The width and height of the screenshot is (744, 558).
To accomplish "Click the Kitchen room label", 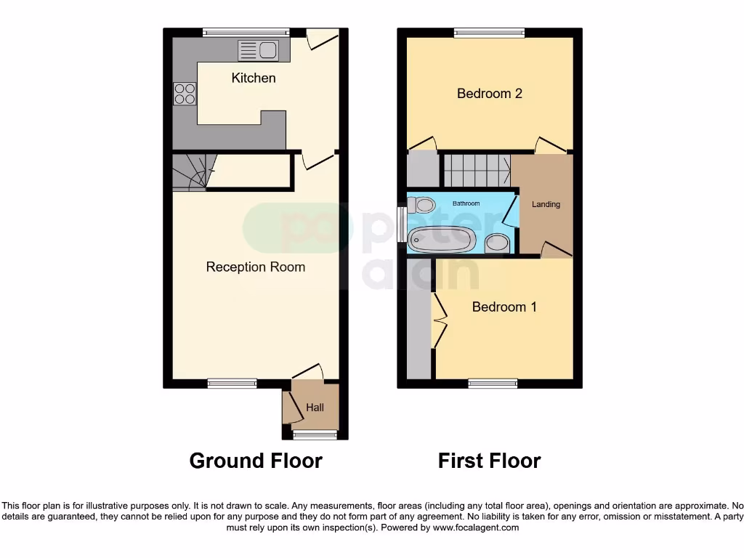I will coord(254,78).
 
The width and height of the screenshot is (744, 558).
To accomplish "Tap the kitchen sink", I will coord(258,50).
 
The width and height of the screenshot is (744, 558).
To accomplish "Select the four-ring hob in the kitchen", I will coord(185,94).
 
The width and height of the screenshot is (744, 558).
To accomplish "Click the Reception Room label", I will coord(256,267).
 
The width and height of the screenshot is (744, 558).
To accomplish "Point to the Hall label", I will coord(315,408).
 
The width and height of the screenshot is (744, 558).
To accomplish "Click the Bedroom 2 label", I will coord(490,93).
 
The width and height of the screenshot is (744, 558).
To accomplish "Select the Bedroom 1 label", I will coord(504,307).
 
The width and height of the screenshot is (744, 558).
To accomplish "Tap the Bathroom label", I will coord(466,204).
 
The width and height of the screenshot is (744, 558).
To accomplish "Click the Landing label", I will coord(546,204).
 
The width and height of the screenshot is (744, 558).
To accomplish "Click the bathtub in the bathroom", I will coord(442,238).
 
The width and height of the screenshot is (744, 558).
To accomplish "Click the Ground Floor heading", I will coord(256,461).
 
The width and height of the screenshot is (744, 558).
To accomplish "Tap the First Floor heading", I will coord(489,461).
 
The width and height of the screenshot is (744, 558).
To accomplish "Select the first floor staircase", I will coord(477,171).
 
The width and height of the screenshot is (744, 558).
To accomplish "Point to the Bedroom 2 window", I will coord(490,32).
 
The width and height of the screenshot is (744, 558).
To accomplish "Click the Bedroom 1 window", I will coord(493,383).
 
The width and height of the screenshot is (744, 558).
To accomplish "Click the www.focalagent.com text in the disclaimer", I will coord(476,528).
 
